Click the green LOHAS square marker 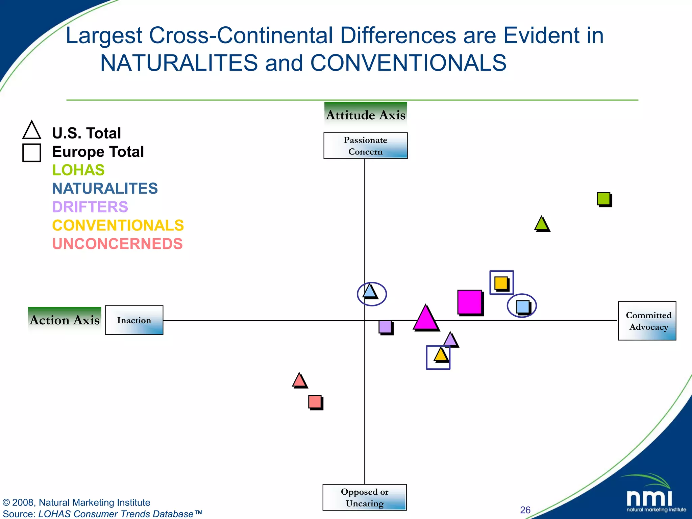pos(604,199)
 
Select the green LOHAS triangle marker pos(542,225)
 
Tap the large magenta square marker pos(470,302)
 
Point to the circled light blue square pos(523,306)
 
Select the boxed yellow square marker pos(501,283)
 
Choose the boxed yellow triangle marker pos(440,355)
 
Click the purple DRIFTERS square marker pos(385,327)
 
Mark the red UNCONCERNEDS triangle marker pos(299,381)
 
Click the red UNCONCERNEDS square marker pos(315,402)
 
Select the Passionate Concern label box pos(365,146)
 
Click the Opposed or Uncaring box pos(364,497)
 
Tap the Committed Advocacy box pos(647,321)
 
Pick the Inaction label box pos(134,320)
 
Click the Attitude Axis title pos(365,115)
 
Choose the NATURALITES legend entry pos(105,189)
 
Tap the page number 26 pos(525,510)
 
